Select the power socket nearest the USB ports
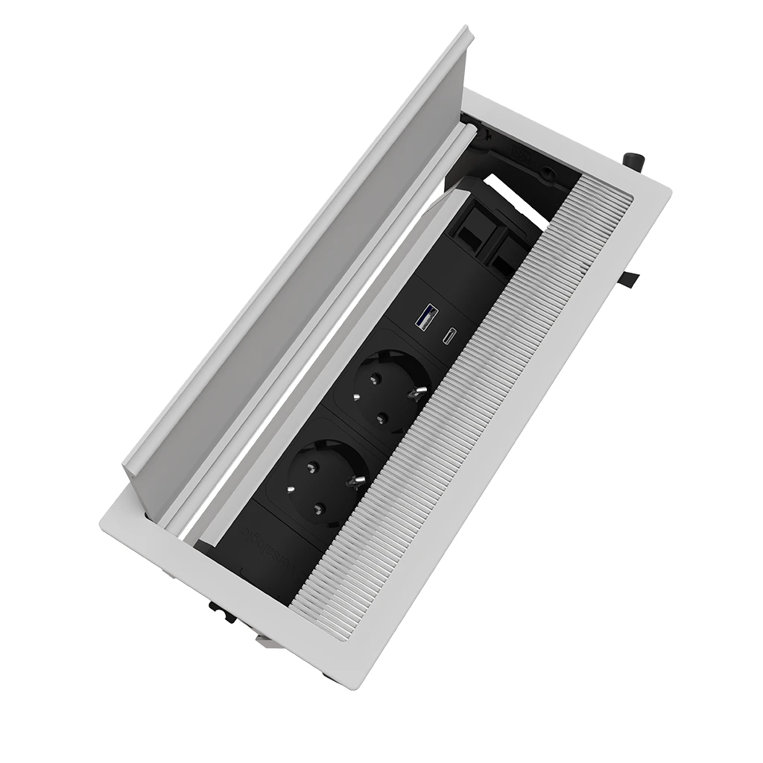pos(389,387)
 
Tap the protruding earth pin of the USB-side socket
pos(420,391)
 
